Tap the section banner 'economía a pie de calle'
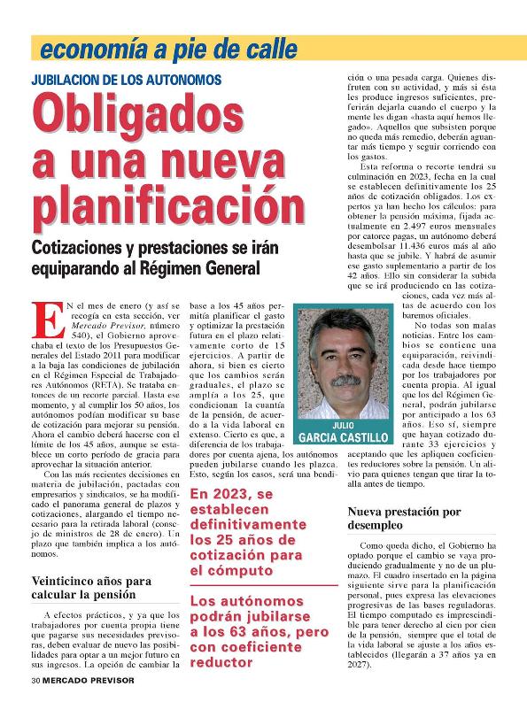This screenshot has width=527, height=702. [144, 49]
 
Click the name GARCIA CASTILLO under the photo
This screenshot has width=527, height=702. [344, 437]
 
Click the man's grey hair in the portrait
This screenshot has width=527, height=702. [342, 328]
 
